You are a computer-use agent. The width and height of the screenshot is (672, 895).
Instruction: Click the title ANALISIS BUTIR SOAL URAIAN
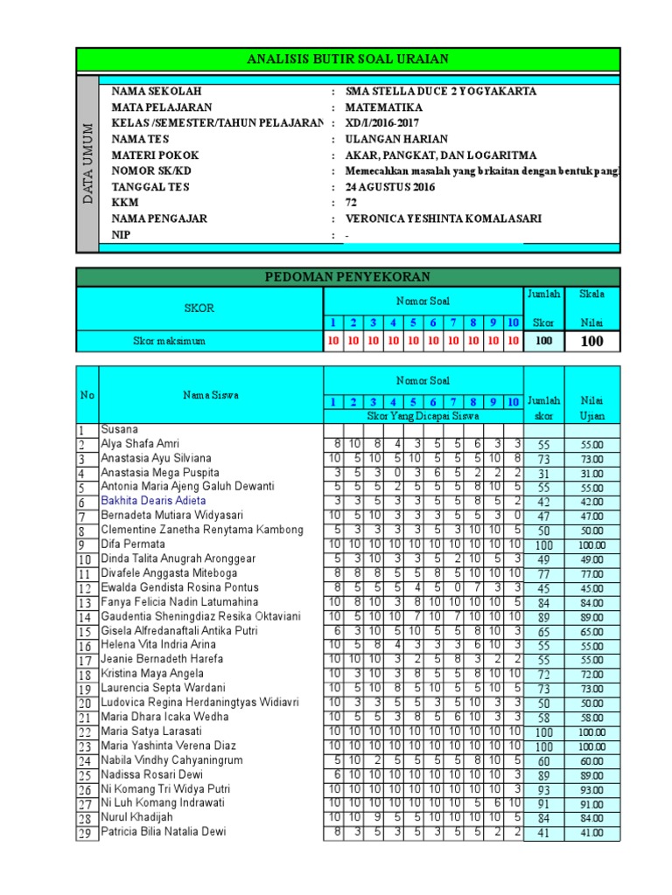pyautogui.click(x=348, y=59)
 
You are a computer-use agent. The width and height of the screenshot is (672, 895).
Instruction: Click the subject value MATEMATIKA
pyautogui.click(x=384, y=108)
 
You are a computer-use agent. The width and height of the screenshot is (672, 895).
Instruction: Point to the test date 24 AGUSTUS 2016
pyautogui.click(x=389, y=187)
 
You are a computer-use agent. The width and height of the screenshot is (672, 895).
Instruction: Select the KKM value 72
pyautogui.click(x=352, y=203)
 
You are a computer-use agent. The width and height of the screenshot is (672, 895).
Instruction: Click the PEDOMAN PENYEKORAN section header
pyautogui.click(x=348, y=277)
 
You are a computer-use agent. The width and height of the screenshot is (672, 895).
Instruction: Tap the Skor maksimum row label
pyautogui.click(x=169, y=341)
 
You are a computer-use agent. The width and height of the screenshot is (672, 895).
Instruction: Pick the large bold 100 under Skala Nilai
pyautogui.click(x=592, y=341)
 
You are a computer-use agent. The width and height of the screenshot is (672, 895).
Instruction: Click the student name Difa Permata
pyautogui.click(x=133, y=544)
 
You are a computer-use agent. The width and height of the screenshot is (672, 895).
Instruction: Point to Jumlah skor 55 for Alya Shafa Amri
pyautogui.click(x=544, y=444)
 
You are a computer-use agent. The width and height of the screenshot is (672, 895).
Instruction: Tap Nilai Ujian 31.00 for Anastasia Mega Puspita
pyautogui.click(x=592, y=473)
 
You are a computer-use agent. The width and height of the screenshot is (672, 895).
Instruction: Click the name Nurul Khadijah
pyautogui.click(x=137, y=817)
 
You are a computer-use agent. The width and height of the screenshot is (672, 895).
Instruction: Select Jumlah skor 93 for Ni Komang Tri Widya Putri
pyautogui.click(x=544, y=789)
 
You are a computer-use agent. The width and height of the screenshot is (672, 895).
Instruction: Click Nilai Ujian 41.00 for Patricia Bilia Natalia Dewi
pyautogui.click(x=592, y=833)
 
